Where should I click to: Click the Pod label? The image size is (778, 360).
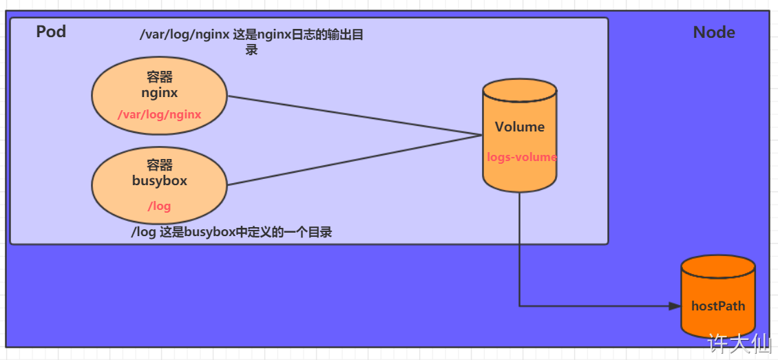(51, 32)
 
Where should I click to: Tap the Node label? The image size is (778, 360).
(714, 33)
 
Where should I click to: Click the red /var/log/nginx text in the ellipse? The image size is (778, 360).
(159, 115)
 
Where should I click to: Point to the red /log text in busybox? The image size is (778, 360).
(159, 207)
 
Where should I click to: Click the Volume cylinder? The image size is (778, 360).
(520, 135)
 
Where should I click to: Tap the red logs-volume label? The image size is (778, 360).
(522, 158)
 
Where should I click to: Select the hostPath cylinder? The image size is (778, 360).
(718, 297)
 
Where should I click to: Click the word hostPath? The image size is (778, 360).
(719, 306)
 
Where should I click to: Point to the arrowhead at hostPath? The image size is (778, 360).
(675, 306)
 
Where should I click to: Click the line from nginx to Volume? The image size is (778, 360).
(355, 116)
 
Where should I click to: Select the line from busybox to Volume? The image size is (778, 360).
(355, 160)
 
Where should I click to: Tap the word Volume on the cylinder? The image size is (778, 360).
(520, 127)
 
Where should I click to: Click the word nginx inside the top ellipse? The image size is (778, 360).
(159, 93)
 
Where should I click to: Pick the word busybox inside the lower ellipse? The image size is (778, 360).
(159, 180)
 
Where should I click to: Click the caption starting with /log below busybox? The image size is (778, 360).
(231, 233)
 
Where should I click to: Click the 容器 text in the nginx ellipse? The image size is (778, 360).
(159, 77)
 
